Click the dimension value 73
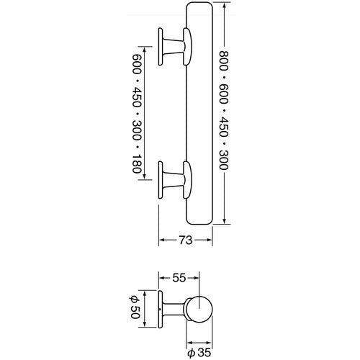click(186, 240)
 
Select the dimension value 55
click(179, 278)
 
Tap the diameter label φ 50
click(135, 308)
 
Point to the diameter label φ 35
click(199, 353)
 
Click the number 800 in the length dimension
click(223, 60)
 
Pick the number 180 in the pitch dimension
click(137, 163)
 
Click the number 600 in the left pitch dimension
click(137, 64)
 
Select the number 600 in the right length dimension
click(223, 94)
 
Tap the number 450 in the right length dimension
click(223, 127)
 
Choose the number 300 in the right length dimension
click(223, 160)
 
